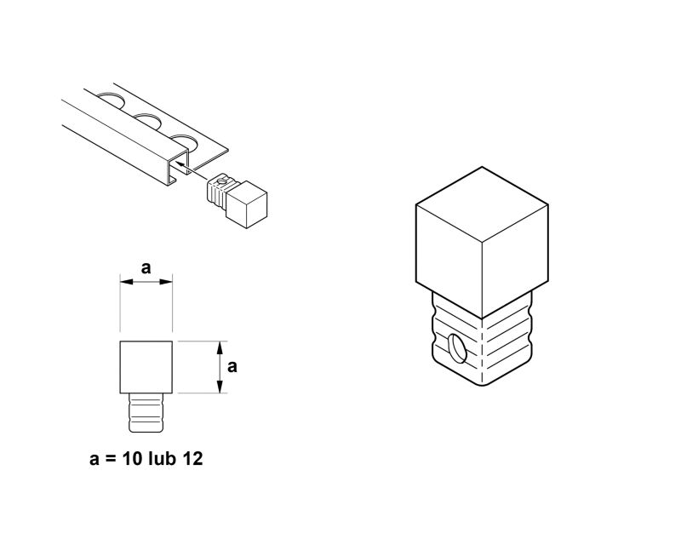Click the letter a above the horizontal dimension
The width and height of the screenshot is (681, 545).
click(146, 268)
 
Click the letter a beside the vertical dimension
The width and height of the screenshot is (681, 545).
click(232, 367)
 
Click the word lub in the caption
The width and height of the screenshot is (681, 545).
click(162, 458)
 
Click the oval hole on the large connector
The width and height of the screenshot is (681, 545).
click(458, 347)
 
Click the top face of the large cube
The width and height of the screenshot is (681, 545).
click(482, 204)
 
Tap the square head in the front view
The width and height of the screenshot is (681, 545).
click(146, 367)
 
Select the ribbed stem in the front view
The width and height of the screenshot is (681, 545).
click(146, 412)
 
